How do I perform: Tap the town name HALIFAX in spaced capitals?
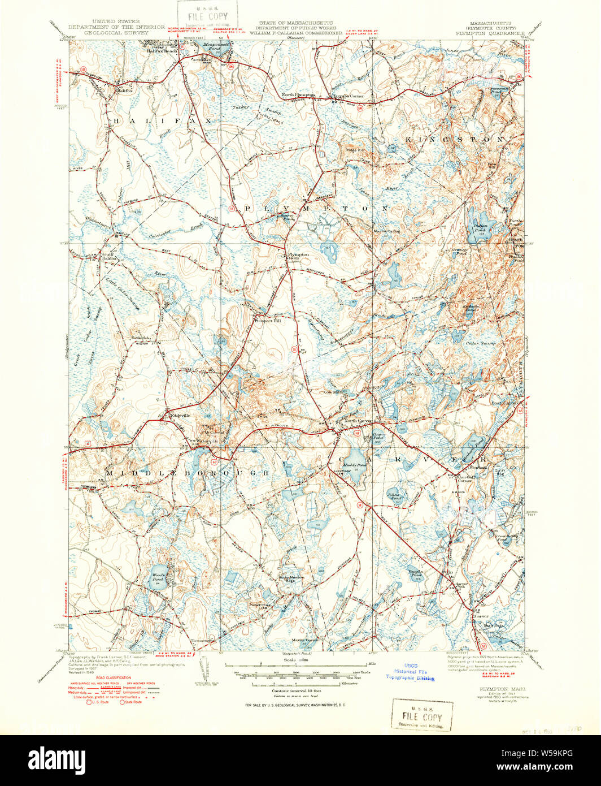click(x=153, y=121)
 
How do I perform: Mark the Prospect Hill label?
click(x=267, y=321)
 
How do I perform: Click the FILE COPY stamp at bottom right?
click(x=422, y=716)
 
